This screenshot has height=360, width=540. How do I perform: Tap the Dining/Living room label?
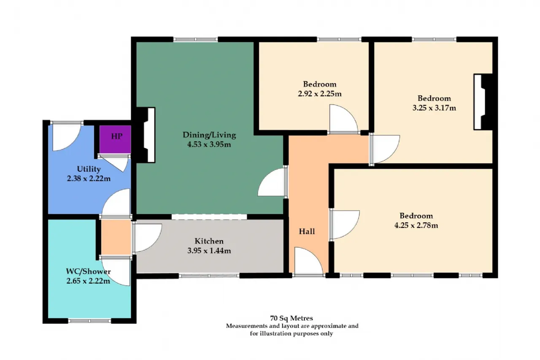pos(209,135)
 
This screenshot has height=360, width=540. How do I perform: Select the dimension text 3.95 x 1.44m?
pos(209,251)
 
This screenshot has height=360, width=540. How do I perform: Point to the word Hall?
pos(307,231)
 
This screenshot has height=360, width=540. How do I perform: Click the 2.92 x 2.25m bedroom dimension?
pos(320,94)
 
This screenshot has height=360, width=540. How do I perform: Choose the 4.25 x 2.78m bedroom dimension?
pos(416,225)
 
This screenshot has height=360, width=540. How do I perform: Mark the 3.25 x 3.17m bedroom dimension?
pos(434,108)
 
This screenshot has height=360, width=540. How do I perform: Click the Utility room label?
pos(89,169)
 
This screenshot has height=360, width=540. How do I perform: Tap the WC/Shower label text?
pos(88,271)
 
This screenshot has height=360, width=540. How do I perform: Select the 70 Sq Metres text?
pos(292,318)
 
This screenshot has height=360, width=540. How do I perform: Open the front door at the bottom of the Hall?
pos(308,261)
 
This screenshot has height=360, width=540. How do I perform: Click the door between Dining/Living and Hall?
pos(273,182)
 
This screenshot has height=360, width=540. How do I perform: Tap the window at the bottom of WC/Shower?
pos(89,321)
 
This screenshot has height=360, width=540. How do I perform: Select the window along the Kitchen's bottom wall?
pos(209,276)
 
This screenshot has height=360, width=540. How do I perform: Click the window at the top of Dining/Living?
pos(195,39)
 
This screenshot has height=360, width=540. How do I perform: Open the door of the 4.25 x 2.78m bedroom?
pos(345,225)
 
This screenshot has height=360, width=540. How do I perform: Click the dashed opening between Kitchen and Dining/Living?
pos(209,217)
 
